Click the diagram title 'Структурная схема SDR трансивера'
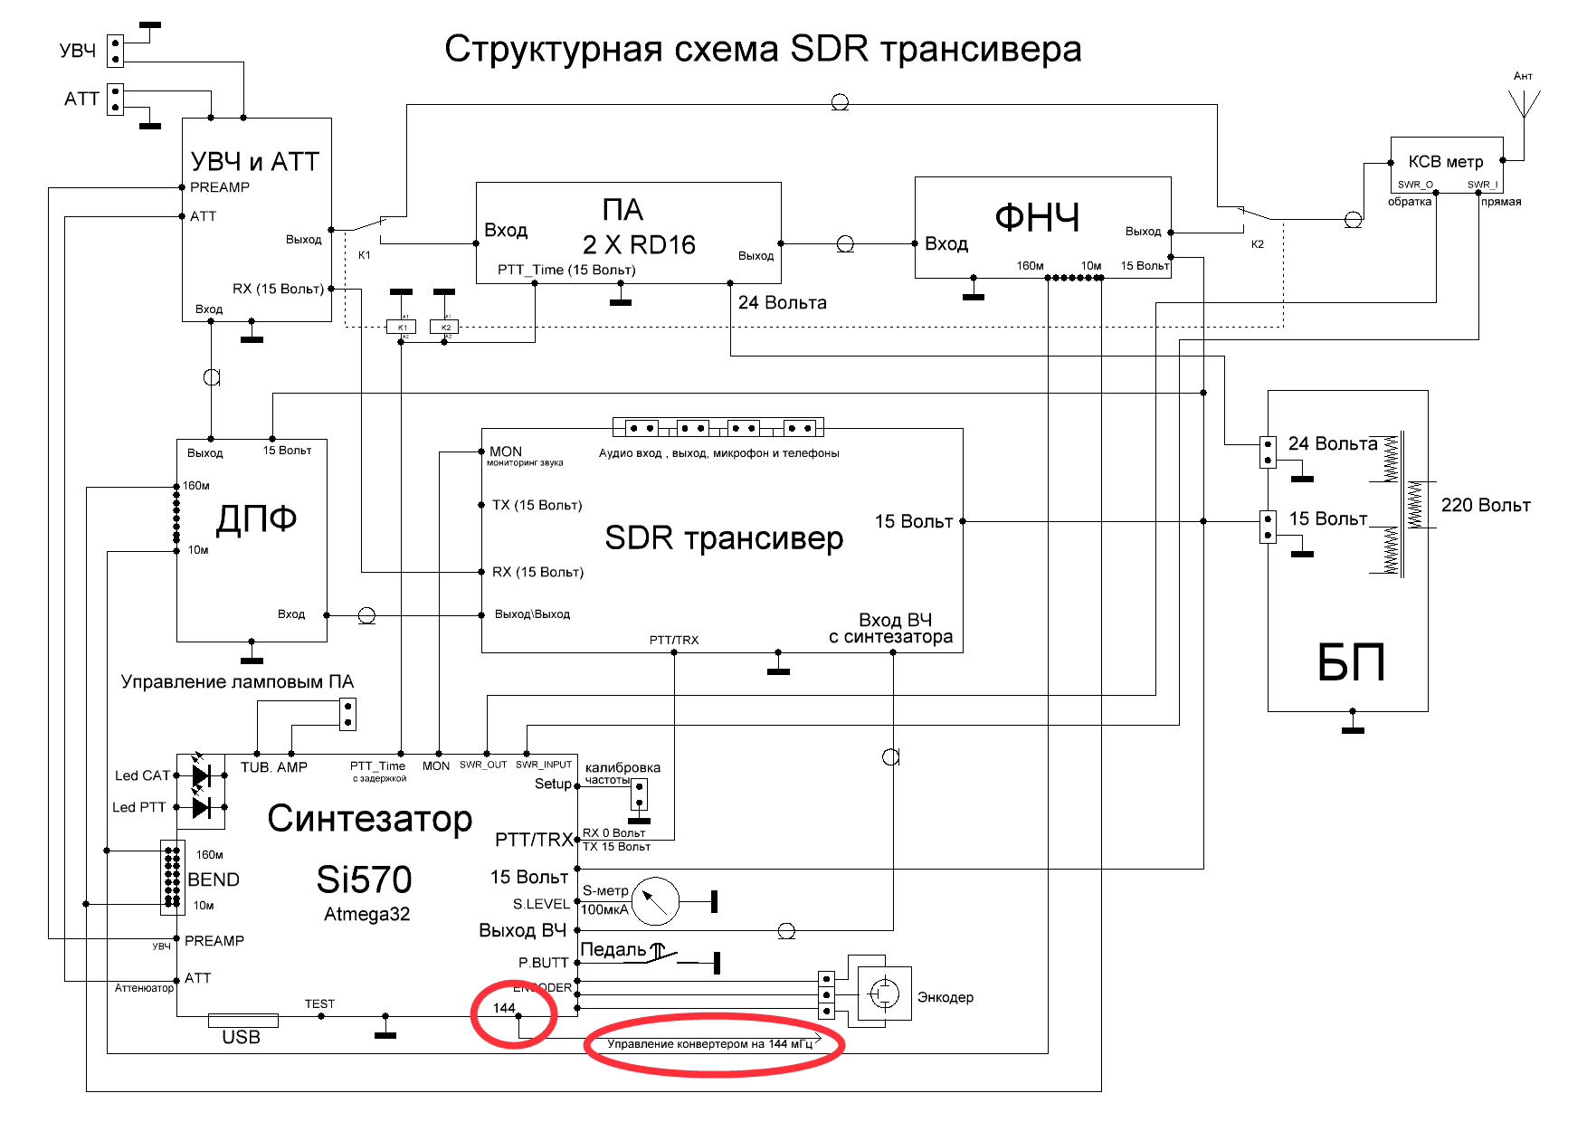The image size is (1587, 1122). [x=763, y=49]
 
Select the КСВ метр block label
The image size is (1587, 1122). [x=1446, y=162]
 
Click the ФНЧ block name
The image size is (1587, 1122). [x=1037, y=218]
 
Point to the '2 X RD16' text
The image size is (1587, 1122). [x=639, y=245]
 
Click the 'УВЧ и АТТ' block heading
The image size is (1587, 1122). [x=255, y=162]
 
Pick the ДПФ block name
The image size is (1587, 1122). [x=257, y=519]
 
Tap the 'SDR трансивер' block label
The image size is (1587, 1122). [x=724, y=538]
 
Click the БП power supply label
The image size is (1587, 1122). [x=1351, y=663]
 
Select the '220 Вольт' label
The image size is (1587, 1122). [x=1486, y=506]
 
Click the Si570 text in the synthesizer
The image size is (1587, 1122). [x=365, y=880]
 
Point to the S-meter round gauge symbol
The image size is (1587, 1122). [x=655, y=901]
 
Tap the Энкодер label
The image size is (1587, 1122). [x=946, y=997]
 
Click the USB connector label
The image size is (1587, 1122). [x=242, y=1037]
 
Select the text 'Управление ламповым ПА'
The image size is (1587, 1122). [x=237, y=681]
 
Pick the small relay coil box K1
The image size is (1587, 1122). [x=402, y=327]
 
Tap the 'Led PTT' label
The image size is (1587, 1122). [x=138, y=807]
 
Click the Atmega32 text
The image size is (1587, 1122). [x=366, y=914]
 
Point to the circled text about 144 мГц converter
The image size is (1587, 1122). [x=710, y=1044]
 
